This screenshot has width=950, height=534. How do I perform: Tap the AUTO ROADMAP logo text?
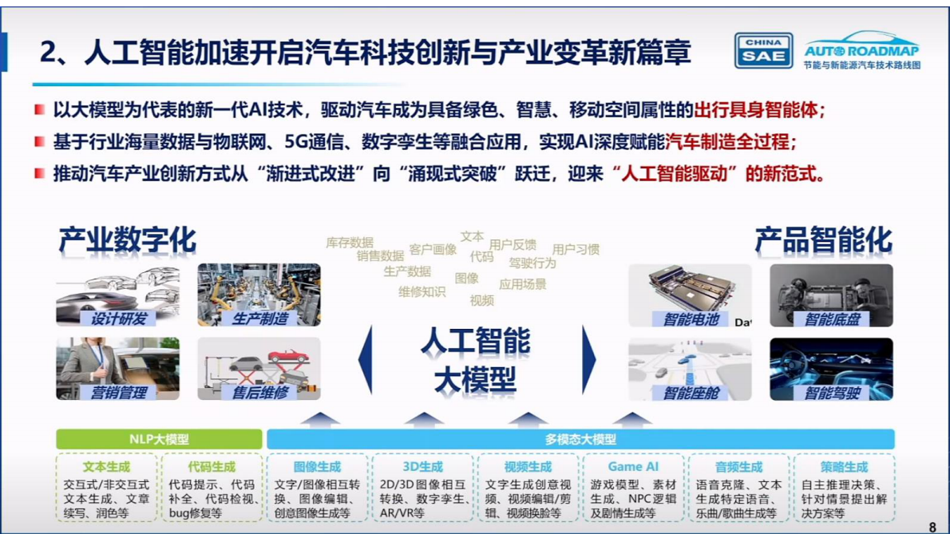pyautogui.click(x=861, y=49)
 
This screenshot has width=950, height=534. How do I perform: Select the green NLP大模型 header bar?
pyautogui.click(x=159, y=439)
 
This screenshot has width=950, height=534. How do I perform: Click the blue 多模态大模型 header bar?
pyautogui.click(x=580, y=439)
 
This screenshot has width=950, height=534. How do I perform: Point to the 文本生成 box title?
pyautogui.click(x=106, y=466)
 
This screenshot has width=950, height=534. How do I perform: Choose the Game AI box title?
pyautogui.click(x=633, y=466)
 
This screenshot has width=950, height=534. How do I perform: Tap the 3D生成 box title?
pyautogui.click(x=422, y=466)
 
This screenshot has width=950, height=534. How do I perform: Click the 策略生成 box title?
pyautogui.click(x=844, y=466)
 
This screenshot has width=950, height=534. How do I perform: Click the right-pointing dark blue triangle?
pyautogui.click(x=589, y=359)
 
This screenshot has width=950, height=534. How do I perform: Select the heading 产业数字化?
pyautogui.click(x=127, y=239)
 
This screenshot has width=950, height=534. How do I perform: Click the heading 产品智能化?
pyautogui.click(x=823, y=239)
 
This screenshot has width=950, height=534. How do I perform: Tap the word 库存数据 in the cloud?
pyautogui.click(x=349, y=242)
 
